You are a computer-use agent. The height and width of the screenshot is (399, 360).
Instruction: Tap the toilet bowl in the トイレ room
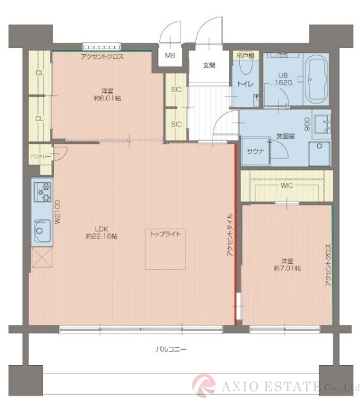[x=246, y=66]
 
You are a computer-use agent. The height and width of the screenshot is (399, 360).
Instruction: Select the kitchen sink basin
[x=42, y=230]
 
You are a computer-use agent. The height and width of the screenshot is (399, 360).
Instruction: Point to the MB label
[x=170, y=55]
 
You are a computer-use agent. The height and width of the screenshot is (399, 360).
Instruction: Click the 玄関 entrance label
[x=209, y=65]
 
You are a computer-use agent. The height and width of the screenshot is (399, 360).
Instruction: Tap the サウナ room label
[x=255, y=151]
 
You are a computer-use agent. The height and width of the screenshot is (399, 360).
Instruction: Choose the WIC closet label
[x=287, y=185]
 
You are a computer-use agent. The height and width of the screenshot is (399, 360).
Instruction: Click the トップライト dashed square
[x=166, y=249]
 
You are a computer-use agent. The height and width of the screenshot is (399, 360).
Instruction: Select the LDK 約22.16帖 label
[x=102, y=232]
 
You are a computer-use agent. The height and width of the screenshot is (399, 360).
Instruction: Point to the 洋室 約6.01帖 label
[x=108, y=94]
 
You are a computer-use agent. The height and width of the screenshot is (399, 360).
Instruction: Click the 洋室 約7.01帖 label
[x=287, y=264]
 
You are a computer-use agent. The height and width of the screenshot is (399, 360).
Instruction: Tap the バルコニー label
[x=171, y=349]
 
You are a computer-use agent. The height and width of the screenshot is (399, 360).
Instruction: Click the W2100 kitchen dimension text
[x=58, y=212]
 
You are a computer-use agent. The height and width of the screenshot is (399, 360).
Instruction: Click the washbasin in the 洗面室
[x=323, y=123]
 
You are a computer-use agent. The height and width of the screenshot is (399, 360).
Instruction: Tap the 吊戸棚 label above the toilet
[x=245, y=56]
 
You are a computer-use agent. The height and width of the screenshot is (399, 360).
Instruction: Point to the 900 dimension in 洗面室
[x=307, y=124]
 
